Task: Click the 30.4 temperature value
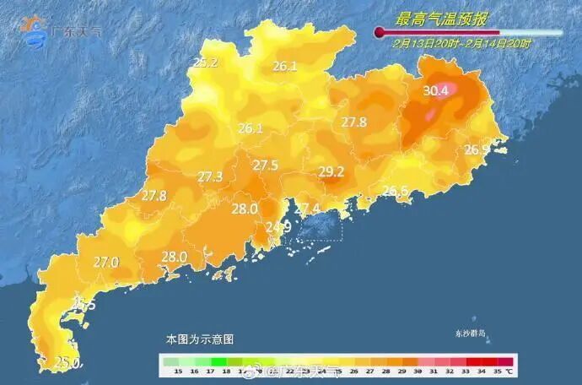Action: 435,90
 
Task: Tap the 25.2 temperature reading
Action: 206,62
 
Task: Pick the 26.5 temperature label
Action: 395,191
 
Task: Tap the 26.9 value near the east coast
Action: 477,149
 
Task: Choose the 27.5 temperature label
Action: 266,165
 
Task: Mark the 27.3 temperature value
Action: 210,176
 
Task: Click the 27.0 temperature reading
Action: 105,263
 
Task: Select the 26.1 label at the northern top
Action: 284,66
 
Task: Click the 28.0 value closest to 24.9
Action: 245,209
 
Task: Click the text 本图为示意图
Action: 199,339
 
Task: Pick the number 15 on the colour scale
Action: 178,371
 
